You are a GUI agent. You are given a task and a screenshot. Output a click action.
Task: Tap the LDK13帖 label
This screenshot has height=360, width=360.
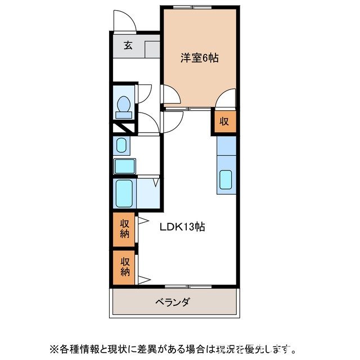pos(182,227)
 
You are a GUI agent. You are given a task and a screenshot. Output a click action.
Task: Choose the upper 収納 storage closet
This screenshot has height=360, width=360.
pos(124,229)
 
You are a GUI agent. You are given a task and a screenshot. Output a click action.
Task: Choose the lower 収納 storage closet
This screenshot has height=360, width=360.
pos(124,267)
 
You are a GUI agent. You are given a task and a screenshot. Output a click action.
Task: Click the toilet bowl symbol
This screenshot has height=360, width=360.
pos(124,106)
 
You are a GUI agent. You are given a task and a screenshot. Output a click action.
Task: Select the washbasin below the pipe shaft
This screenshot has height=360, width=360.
pos(120,146)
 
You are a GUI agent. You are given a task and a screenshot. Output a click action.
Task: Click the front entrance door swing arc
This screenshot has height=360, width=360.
pos(123,21)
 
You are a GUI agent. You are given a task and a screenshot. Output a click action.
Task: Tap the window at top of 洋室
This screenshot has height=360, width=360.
pos(193,7)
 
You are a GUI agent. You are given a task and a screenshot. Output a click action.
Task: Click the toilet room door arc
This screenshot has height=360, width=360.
pos(145,92)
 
